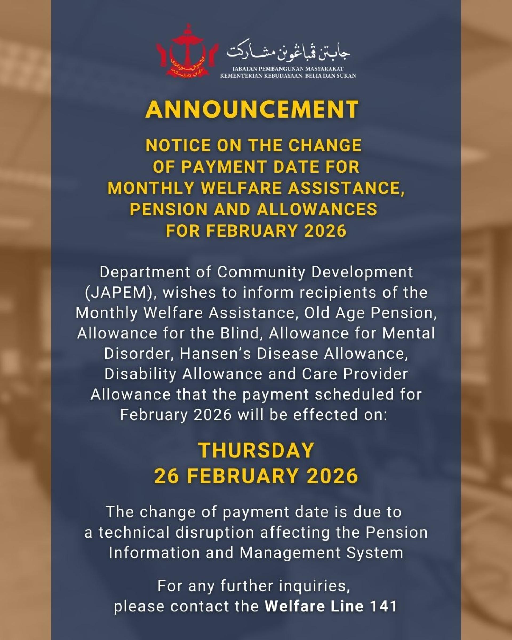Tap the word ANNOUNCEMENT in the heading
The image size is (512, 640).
252,110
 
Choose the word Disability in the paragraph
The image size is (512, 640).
140,374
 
